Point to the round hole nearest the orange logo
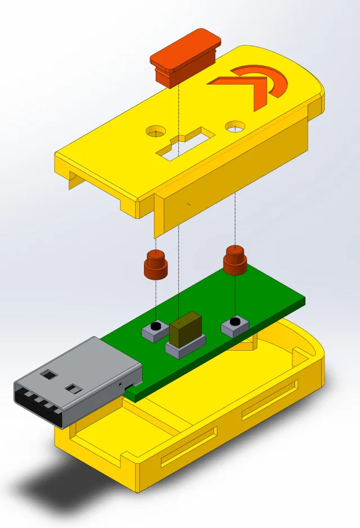234,127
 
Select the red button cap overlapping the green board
236,261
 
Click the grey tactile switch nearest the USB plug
152,332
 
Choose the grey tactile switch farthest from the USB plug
235,325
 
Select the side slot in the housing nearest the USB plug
188,447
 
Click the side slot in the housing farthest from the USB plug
270,400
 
